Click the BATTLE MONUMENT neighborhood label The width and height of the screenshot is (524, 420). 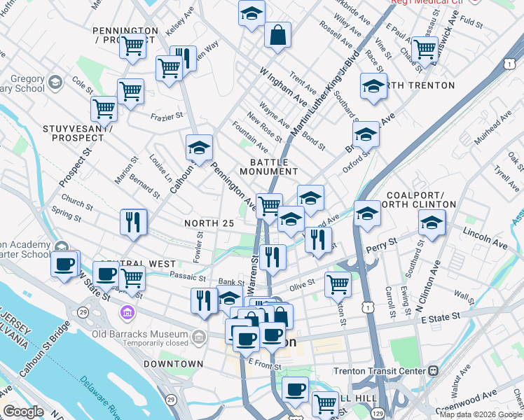pos(268,166)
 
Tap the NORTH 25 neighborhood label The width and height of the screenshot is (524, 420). pos(207,223)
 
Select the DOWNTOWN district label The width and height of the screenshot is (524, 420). pos(173,364)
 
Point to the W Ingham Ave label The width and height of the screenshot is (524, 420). pos(283,83)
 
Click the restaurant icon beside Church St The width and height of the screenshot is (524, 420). pos(133,222)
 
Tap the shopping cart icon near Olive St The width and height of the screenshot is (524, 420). pos(338,283)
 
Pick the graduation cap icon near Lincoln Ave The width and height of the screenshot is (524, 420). pos(432,224)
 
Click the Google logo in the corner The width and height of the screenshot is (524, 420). pos(23,412)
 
